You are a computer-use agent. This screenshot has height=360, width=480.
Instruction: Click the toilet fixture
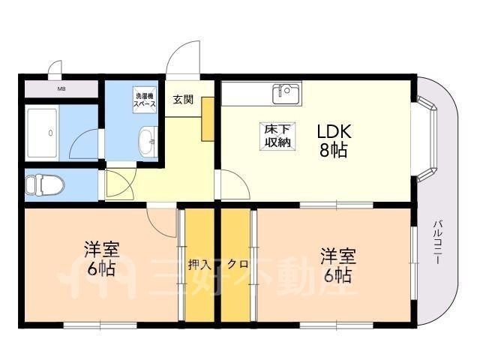(45, 184)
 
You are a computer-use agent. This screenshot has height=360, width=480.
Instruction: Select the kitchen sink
(286, 93)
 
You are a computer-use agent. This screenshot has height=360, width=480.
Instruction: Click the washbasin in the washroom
(148, 142)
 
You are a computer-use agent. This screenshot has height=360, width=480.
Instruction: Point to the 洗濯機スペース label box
(145, 100)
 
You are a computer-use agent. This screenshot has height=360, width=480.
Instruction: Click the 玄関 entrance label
(183, 100)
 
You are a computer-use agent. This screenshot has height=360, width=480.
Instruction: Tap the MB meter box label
(61, 89)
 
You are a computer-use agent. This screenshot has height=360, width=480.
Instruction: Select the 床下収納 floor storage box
(277, 136)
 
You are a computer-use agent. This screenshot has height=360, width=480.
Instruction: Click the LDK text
(333, 132)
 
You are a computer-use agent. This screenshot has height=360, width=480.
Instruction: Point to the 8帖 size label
(334, 150)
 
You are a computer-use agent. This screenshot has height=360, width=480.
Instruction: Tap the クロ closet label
(238, 264)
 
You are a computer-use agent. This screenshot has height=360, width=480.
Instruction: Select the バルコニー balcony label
(438, 242)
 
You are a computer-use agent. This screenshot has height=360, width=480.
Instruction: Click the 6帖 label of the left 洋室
(101, 268)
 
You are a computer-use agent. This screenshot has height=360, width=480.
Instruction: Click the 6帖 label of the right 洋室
(337, 275)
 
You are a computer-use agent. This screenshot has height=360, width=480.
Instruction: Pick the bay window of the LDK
(426, 139)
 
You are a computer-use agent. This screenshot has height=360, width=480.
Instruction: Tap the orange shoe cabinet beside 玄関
(208, 119)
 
